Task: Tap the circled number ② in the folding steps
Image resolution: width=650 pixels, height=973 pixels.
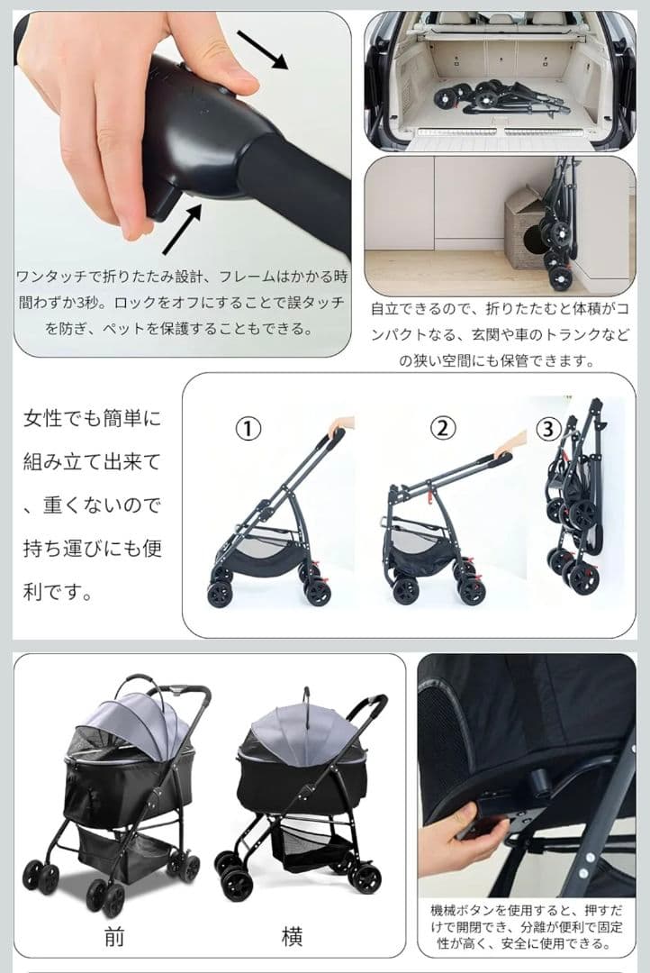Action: click(x=442, y=428)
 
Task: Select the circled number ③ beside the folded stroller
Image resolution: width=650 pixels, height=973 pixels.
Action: click(x=547, y=429)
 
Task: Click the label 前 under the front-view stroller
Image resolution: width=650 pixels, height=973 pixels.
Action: click(x=113, y=937)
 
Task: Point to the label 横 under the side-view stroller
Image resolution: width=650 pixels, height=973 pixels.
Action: click(x=291, y=937)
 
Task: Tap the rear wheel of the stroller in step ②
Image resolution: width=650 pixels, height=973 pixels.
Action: click(x=405, y=590)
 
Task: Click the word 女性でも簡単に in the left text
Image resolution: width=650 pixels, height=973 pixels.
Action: click(x=92, y=420)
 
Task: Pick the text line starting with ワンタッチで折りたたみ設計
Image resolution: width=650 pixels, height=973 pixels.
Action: click(x=180, y=276)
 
